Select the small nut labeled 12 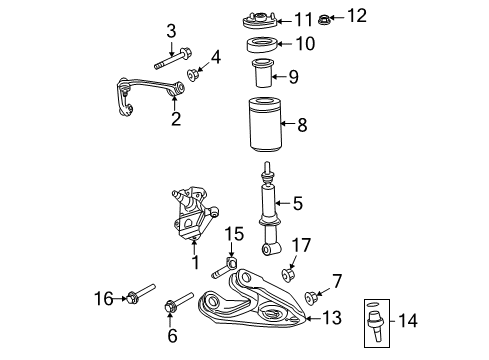(325, 18)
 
